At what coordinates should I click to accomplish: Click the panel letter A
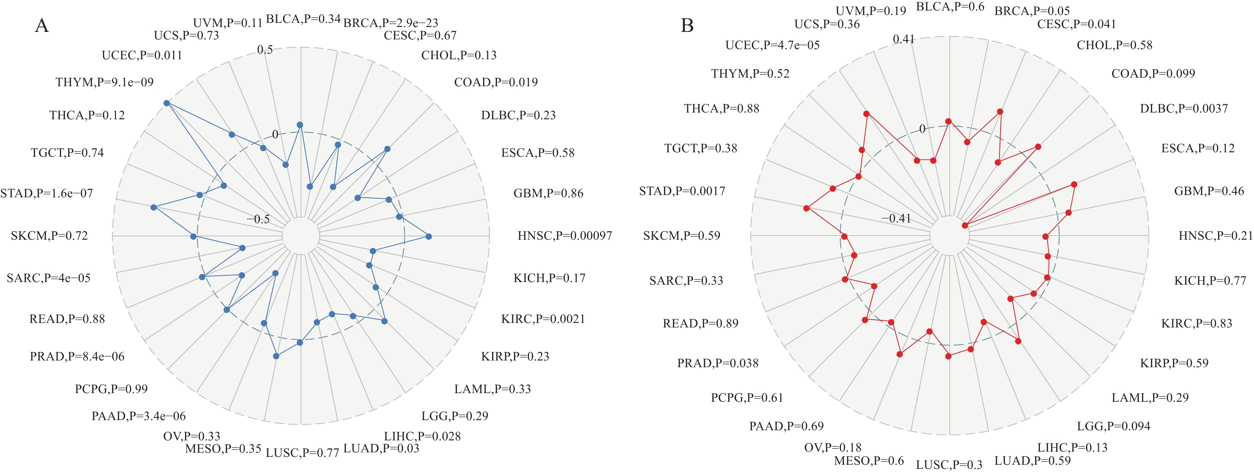[42, 26]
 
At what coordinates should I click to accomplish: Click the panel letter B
[687, 26]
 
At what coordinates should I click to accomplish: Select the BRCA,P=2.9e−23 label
[391, 23]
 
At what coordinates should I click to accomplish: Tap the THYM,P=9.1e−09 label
[104, 82]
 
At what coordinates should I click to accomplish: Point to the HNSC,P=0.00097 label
[564, 236]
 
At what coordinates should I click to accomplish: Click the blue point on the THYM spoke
[166, 103]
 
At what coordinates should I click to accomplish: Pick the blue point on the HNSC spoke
[428, 237]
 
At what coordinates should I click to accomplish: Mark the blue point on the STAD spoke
[154, 207]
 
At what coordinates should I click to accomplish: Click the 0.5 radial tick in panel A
[265, 49]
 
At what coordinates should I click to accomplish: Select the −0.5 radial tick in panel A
[258, 219]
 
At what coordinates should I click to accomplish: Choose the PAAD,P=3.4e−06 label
[138, 416]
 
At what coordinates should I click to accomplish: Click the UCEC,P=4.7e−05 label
[772, 45]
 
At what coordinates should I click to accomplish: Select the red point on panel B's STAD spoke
[807, 209]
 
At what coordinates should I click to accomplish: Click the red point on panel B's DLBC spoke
[964, 225]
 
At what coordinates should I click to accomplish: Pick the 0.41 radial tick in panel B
[904, 39]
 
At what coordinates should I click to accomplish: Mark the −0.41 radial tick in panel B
[896, 218]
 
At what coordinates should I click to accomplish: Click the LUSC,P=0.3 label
[949, 465]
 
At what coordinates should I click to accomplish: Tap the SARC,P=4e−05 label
[48, 278]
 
